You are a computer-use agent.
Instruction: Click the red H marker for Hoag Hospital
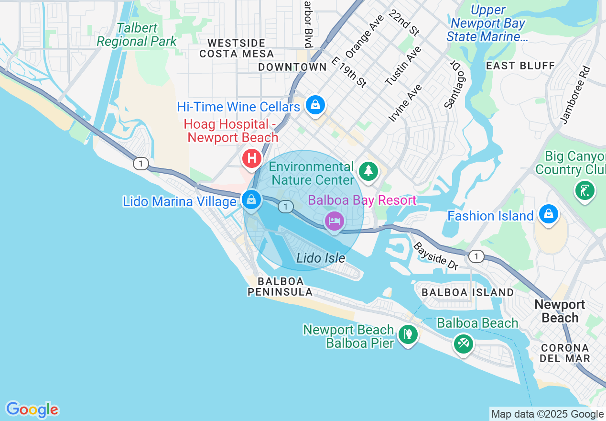[252, 158]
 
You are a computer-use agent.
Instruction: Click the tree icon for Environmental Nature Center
[368, 171]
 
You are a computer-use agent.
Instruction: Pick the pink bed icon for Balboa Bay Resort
[334, 221]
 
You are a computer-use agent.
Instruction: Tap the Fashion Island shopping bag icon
[548, 214]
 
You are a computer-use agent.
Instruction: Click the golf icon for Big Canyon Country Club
[585, 190]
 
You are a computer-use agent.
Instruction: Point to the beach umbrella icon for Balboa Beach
[463, 343]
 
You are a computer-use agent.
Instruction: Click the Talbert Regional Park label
[137, 35]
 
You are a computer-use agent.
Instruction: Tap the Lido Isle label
[321, 258]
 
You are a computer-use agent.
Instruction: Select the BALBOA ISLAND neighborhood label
[468, 292]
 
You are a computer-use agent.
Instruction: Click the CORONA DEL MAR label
[565, 353]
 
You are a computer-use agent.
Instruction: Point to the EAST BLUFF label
[520, 66]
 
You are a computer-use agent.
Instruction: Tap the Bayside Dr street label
[435, 256]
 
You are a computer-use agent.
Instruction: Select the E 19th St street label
[348, 72]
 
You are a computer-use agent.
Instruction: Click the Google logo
[32, 410]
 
